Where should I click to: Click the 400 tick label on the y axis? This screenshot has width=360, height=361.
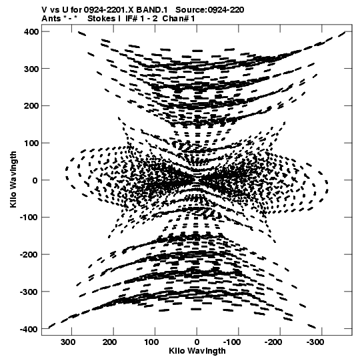click(31, 32)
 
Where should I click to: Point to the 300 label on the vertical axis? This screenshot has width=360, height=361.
click(31, 69)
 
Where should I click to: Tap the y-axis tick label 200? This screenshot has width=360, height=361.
click(31, 106)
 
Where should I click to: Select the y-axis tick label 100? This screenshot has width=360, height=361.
click(31, 143)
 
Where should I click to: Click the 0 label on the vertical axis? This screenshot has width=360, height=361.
click(35, 180)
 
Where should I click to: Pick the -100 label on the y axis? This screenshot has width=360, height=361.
click(29, 218)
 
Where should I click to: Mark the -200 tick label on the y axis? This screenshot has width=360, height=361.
click(29, 255)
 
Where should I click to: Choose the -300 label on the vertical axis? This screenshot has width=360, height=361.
click(29, 292)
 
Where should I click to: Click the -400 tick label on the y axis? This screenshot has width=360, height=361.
click(29, 329)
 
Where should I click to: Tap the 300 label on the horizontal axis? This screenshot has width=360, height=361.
click(68, 342)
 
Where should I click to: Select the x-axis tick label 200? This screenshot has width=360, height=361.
click(110, 342)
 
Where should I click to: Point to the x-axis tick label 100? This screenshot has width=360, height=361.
click(151, 342)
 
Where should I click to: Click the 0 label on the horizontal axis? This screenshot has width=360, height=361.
click(197, 342)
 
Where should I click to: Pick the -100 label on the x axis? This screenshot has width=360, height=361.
click(232, 342)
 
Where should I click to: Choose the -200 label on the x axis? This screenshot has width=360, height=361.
click(273, 342)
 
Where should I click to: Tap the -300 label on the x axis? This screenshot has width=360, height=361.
click(315, 342)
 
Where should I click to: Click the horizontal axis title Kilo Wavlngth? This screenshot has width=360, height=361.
click(197, 351)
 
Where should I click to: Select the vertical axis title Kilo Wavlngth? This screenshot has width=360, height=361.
click(13, 179)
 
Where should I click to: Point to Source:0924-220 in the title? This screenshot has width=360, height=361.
click(210, 10)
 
